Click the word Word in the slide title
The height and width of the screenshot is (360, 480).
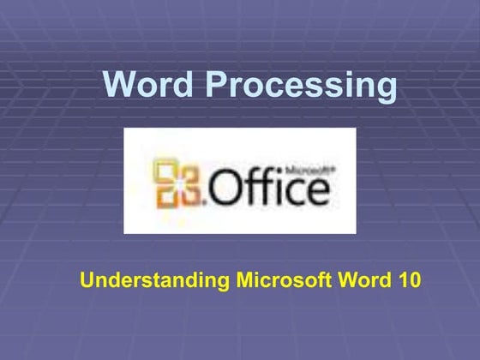click(x=149, y=85)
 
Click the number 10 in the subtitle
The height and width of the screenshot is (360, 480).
click(x=405, y=279)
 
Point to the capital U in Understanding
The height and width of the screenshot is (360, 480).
click(x=85, y=279)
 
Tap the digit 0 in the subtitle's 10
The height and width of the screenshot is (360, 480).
click(x=412, y=279)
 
